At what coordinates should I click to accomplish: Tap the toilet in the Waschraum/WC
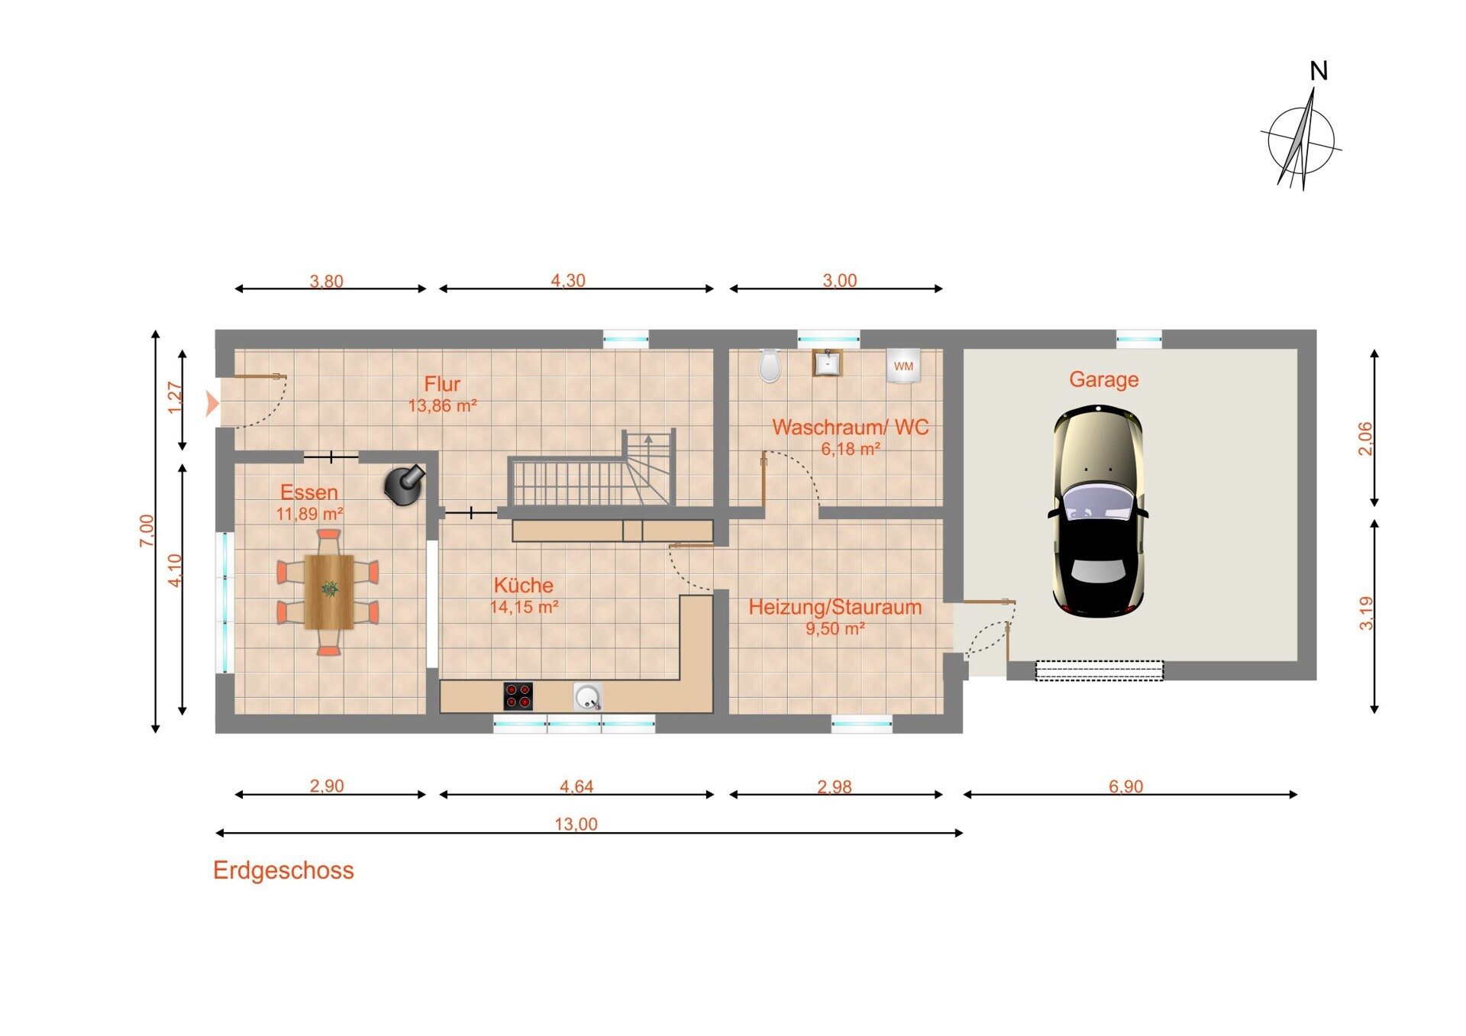pyautogui.click(x=770, y=366)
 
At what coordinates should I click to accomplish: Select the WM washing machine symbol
pyautogui.click(x=903, y=366)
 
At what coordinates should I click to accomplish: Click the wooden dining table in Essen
pyautogui.click(x=329, y=592)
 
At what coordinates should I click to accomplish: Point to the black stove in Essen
pyautogui.click(x=405, y=483)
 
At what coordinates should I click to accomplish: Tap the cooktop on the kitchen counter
pyautogui.click(x=518, y=696)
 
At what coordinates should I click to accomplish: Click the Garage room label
pyautogui.click(x=1103, y=379)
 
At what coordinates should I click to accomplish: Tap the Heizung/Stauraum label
pyautogui.click(x=835, y=607)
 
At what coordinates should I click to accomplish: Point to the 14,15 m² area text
pyautogui.click(x=524, y=607)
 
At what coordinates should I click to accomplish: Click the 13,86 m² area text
pyautogui.click(x=443, y=405)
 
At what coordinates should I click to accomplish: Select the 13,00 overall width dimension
pyautogui.click(x=576, y=824)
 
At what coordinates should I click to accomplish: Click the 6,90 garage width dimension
pyautogui.click(x=1126, y=786)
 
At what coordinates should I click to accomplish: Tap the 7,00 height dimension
pyautogui.click(x=147, y=531)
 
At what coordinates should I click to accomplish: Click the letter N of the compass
pyautogui.click(x=1319, y=71)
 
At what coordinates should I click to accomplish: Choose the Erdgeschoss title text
pyautogui.click(x=283, y=870)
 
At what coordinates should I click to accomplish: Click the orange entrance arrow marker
pyautogui.click(x=212, y=403)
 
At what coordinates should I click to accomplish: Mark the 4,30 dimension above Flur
pyautogui.click(x=568, y=280)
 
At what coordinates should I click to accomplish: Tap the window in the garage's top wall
pyautogui.click(x=1139, y=338)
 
